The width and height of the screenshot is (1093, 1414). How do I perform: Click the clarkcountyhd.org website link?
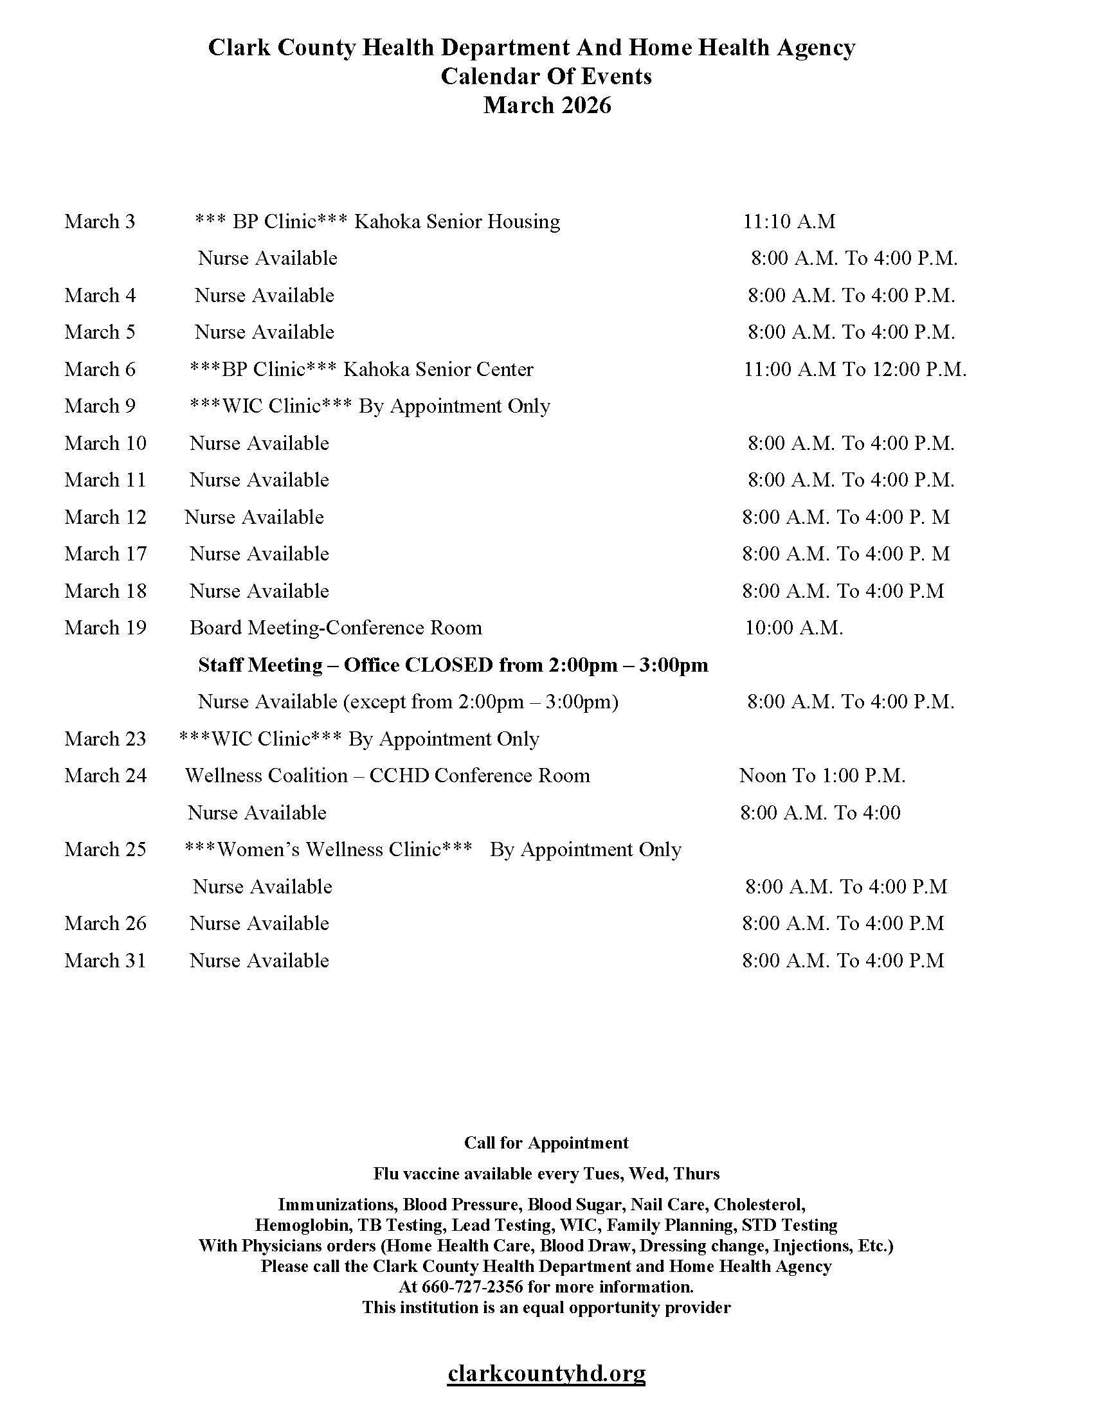pos(546,1372)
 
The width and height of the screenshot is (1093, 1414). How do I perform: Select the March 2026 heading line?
pos(546,105)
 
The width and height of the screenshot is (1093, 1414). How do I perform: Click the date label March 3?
pos(100,222)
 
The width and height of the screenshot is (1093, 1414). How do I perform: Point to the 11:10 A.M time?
pos(789,222)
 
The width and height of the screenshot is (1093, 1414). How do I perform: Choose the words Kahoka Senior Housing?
pos(456,222)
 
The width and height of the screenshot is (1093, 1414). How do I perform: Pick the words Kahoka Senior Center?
pos(438,369)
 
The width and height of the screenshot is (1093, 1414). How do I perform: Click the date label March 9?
pos(100,406)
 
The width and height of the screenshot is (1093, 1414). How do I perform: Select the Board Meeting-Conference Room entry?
pos(336,627)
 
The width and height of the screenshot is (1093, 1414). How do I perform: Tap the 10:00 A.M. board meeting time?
pos(793,627)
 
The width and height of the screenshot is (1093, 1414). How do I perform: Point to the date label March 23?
pos(105,738)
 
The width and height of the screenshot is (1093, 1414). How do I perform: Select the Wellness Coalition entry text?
pos(387,776)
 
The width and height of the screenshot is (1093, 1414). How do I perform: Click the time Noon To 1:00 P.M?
pos(822,776)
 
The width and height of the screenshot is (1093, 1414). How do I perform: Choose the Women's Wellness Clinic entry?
pos(329,850)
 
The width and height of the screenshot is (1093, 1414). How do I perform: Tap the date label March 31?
pos(105,960)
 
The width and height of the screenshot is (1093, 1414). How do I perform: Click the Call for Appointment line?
pos(546,1143)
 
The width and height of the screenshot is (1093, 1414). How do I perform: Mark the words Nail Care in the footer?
pos(669,1204)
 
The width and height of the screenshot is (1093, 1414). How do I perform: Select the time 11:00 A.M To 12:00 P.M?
pos(854,369)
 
